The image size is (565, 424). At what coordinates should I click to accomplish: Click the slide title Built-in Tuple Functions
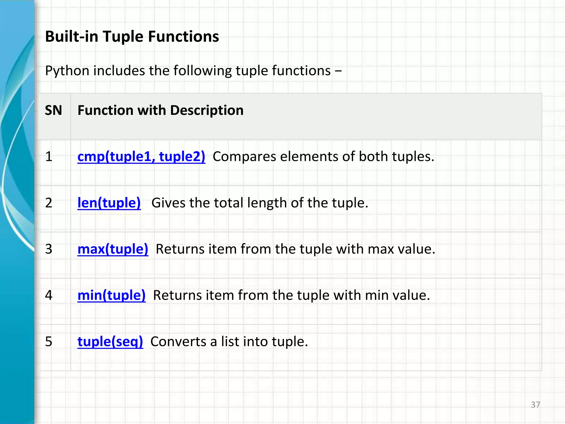coord(132,37)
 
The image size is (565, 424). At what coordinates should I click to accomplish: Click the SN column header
coord(53,110)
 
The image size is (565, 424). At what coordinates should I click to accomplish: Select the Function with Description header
coord(160,110)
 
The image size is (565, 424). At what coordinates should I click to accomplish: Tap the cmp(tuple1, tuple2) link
coord(141,157)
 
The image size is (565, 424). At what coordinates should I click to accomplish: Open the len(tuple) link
coord(109,203)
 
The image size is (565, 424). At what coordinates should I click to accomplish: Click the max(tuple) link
coord(113,249)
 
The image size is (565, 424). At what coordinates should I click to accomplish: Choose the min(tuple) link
coord(111,295)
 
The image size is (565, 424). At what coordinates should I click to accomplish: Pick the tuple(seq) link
coord(110,342)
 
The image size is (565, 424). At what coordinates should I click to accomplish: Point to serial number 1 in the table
coord(49,157)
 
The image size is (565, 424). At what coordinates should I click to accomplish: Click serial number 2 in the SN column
coord(49,203)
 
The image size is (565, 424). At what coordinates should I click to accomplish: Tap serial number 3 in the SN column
coord(49,249)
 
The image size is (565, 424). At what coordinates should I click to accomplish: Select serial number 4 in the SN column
coord(49,295)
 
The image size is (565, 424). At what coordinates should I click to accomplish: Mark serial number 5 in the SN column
coord(49,342)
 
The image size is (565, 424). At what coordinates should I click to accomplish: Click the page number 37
coord(535,405)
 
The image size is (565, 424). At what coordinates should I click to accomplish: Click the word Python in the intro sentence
coord(67,71)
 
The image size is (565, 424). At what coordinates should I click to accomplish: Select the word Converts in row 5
coord(178,342)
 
